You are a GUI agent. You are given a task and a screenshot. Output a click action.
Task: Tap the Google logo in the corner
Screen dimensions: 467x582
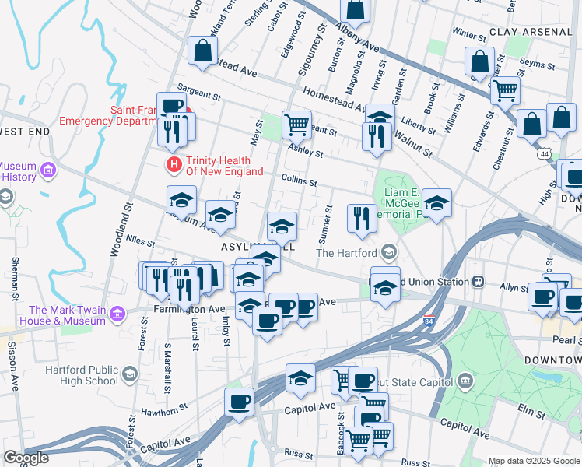(x=26, y=458)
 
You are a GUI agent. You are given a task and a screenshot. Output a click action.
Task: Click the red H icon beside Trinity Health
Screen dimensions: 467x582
(x=174, y=165)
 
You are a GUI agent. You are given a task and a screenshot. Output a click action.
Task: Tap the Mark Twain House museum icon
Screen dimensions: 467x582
(x=117, y=314)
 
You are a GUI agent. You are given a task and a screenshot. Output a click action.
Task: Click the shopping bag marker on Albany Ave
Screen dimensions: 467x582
(x=355, y=11)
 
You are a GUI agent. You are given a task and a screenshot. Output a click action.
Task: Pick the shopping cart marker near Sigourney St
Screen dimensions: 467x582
(x=296, y=124)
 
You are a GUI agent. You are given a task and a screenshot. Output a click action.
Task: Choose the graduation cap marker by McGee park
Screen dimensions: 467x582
(x=436, y=204)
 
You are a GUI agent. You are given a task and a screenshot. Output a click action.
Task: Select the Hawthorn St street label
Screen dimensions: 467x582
(x=165, y=408)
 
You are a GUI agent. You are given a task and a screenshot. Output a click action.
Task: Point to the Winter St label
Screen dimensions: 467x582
(x=468, y=34)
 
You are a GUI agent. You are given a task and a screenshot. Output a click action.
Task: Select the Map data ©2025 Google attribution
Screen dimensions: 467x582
(x=534, y=461)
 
